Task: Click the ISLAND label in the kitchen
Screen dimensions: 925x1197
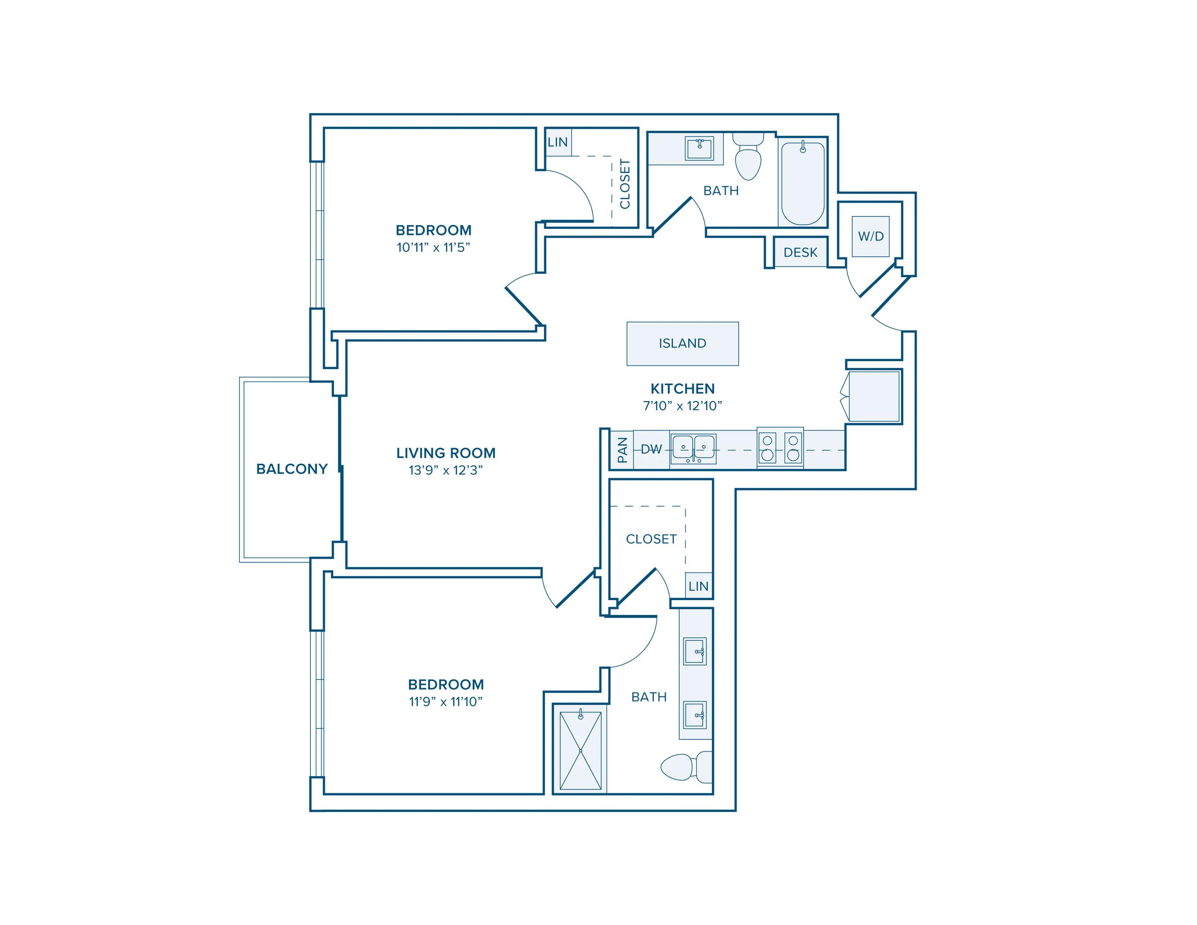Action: [x=682, y=344]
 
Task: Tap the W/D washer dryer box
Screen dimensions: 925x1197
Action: [x=870, y=236]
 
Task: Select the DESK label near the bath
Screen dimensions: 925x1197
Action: [x=800, y=253]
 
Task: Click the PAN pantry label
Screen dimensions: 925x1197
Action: [x=622, y=450]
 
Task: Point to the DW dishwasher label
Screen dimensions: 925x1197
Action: [x=651, y=450]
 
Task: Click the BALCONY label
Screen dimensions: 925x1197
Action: [x=292, y=469]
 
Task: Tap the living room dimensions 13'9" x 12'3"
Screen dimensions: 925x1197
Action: [x=446, y=470]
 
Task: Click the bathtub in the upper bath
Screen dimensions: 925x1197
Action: [x=802, y=184]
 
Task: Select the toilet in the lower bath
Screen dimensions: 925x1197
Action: [x=685, y=767]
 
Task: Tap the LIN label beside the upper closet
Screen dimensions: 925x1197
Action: [x=557, y=142]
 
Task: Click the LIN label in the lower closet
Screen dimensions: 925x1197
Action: [x=698, y=586]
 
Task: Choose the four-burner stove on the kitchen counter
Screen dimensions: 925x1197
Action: [x=780, y=448]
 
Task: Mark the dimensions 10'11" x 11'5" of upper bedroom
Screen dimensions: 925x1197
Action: [x=433, y=248]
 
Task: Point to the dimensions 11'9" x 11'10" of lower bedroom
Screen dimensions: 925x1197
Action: [x=446, y=702]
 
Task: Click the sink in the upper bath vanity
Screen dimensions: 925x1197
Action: [x=699, y=148]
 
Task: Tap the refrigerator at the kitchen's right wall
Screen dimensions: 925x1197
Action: [x=874, y=396]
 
